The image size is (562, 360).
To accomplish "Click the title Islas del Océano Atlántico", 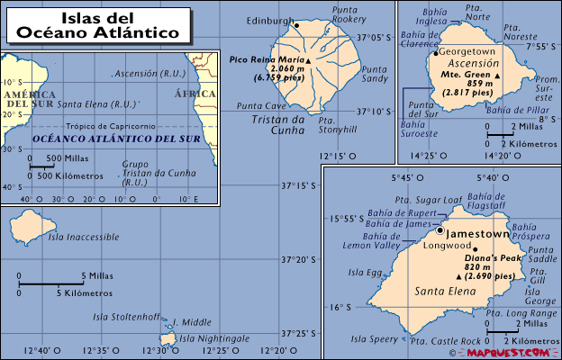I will pos(105,25).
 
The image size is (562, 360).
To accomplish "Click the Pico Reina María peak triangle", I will pos(308,60).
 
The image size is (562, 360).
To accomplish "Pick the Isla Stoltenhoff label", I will pos(127,317).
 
